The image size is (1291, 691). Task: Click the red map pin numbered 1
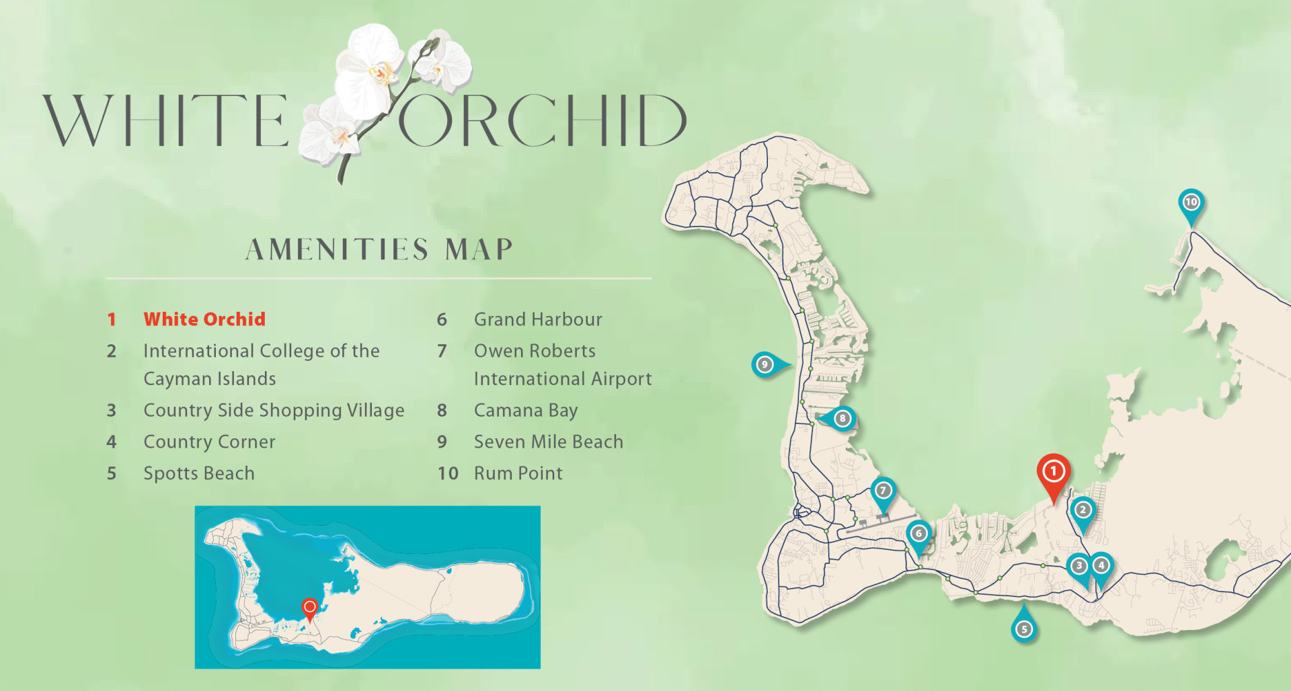[1053, 473]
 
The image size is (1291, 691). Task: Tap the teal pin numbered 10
[1191, 202]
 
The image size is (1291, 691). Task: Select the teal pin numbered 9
[765, 364]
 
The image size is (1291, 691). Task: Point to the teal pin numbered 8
[842, 419]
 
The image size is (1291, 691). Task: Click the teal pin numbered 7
[883, 491]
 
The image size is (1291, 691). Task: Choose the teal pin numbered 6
[918, 534]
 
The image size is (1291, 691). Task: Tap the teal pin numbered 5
[1023, 629]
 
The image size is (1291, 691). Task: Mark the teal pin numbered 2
[1083, 510]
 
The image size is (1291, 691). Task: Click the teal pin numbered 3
[1079, 566]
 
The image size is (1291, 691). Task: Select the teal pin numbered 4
[1101, 566]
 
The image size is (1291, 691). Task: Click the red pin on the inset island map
[309, 608]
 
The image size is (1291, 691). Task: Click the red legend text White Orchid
[204, 319]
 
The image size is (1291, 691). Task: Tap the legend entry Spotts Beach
[199, 473]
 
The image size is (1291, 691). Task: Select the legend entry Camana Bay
[525, 410]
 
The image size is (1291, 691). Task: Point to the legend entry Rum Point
[518, 473]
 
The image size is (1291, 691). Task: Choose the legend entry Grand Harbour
[538, 319]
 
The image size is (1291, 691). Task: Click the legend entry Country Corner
[209, 442]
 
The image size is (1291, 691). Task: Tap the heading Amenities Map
[379, 249]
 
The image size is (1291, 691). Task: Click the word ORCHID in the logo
[542, 121]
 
